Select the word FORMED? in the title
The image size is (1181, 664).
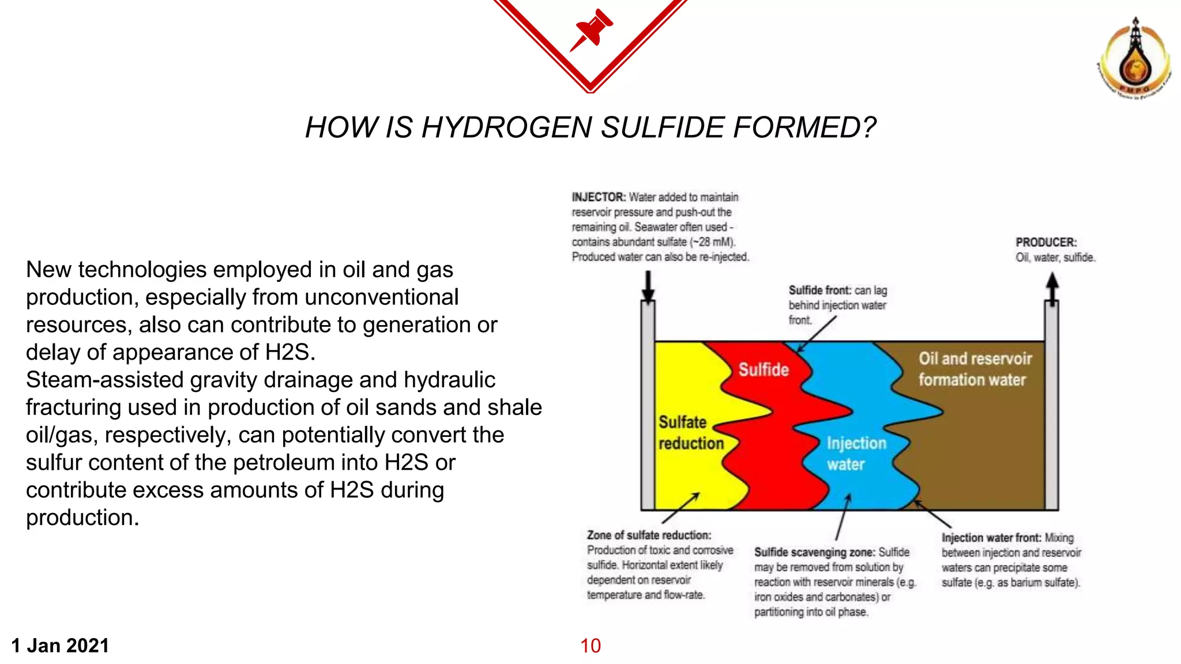[x=804, y=127]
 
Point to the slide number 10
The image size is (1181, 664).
[x=590, y=646]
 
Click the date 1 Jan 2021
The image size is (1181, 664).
[x=60, y=646]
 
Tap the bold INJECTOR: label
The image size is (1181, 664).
[x=598, y=197]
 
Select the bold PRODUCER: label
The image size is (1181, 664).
[x=1045, y=243]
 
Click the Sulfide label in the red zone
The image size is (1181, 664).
[x=763, y=369]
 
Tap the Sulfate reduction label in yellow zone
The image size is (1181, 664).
[x=690, y=432]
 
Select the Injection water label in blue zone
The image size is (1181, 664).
[x=856, y=454]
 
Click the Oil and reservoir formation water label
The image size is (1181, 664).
[x=975, y=369]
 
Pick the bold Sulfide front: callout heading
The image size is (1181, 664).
[x=819, y=290]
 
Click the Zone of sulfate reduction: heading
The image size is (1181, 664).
[x=649, y=535]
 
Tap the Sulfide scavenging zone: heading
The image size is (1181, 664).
[x=814, y=552]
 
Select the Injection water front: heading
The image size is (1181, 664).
[x=991, y=538]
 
